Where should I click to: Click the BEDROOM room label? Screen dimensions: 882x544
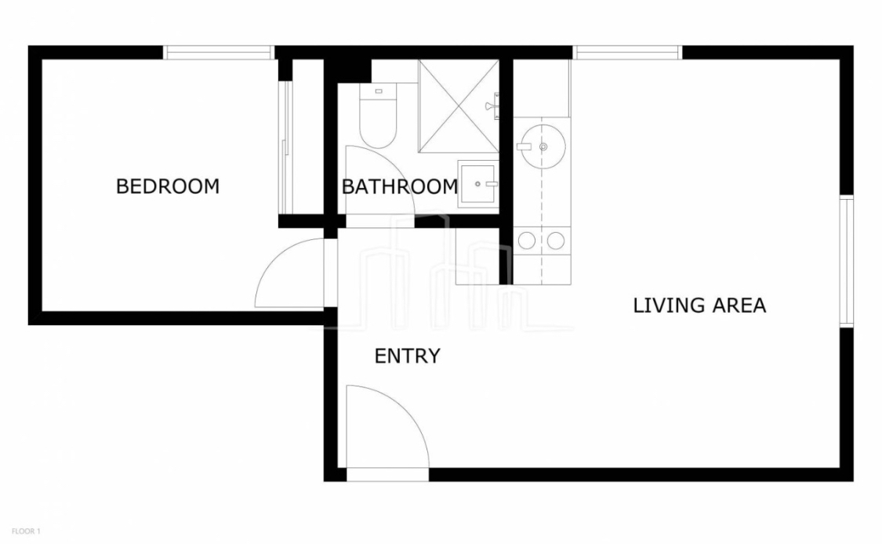168,187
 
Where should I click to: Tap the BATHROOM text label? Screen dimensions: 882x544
400,187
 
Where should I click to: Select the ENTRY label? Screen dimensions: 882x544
407,356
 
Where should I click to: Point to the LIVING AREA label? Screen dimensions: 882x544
699,306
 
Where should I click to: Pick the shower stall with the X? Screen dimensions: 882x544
459,106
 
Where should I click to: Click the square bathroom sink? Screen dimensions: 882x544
478,184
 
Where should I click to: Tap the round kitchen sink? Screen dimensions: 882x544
543,147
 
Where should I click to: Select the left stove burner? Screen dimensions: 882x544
527,241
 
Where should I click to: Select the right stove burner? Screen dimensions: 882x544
556,241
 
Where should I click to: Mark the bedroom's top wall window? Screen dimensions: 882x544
219,53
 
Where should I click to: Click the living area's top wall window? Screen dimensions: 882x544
628,53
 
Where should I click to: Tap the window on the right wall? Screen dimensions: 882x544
847,260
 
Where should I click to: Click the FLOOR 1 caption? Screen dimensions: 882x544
26,531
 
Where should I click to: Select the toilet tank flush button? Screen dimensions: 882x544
378,91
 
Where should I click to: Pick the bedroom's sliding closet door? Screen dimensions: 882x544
285,147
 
